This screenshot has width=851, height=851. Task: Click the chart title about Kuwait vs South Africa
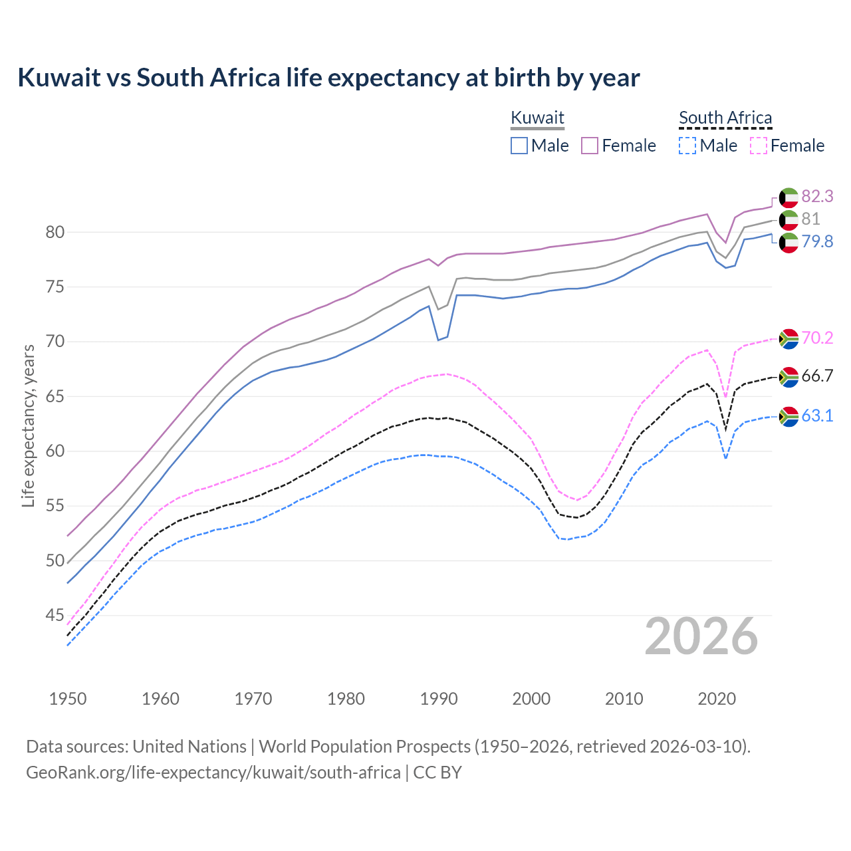[x=328, y=78]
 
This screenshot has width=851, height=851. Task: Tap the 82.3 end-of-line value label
[x=817, y=196]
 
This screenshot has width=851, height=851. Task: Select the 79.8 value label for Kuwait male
[x=817, y=241]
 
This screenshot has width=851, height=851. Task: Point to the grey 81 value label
[x=810, y=219]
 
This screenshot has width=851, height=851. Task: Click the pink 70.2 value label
[x=817, y=338]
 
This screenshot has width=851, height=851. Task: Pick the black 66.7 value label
[x=817, y=376]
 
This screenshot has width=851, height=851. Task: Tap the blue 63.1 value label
[x=817, y=416]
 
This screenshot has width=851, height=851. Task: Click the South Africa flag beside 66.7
[x=789, y=377]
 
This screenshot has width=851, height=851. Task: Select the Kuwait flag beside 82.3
[x=789, y=197]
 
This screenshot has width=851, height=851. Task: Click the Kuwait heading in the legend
[x=537, y=118]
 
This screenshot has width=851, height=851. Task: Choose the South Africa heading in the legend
[x=725, y=118]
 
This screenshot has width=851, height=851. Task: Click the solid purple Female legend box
[x=590, y=146]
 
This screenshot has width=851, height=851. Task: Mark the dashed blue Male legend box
[x=687, y=146]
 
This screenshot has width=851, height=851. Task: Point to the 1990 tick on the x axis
[x=439, y=699]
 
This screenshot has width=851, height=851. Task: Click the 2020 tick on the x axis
[x=717, y=699]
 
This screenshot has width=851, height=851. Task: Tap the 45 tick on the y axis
[x=55, y=616]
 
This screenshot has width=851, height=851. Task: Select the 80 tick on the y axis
[x=55, y=232]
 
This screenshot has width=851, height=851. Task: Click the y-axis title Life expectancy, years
[x=28, y=425]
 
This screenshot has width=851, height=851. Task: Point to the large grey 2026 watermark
[x=701, y=636]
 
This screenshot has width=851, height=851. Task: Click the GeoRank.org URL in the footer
[x=213, y=773]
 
